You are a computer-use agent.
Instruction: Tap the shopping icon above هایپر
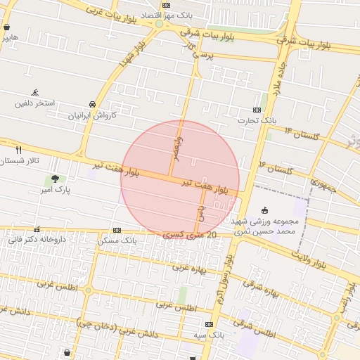point(6,27)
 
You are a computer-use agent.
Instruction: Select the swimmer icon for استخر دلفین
point(35,93)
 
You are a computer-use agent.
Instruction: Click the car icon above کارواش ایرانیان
point(93,103)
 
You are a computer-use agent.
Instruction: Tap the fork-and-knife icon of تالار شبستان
point(18,150)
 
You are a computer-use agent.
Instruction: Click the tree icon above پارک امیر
point(56,179)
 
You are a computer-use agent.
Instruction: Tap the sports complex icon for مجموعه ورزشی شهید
point(264,210)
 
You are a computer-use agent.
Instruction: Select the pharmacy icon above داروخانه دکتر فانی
point(37,229)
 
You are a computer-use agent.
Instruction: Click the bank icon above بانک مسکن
point(117,230)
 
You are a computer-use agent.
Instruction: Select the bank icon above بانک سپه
point(209,324)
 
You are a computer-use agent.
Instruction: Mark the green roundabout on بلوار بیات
point(160,24)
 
